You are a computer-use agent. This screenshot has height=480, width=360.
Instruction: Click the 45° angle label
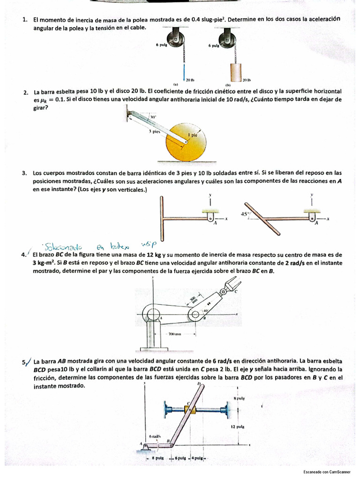point(244,214)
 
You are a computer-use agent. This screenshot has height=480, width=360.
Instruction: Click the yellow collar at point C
point(190,409)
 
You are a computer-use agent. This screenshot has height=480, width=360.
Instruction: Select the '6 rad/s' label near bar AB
point(155,436)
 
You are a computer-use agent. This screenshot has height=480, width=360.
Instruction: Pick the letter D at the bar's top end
point(199,384)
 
